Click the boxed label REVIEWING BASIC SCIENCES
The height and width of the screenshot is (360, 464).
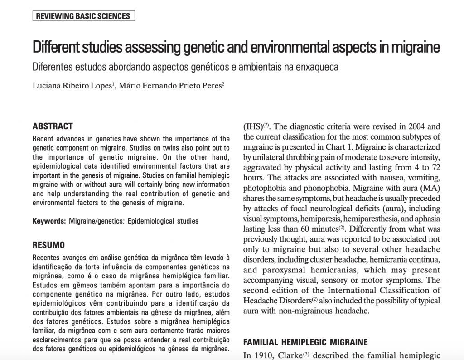(x=83, y=16)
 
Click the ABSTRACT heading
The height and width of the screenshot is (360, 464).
(x=53, y=126)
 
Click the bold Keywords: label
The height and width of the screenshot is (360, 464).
(x=49, y=221)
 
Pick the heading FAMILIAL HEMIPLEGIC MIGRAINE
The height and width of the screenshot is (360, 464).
(x=305, y=342)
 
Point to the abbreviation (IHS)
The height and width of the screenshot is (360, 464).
(x=252, y=126)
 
